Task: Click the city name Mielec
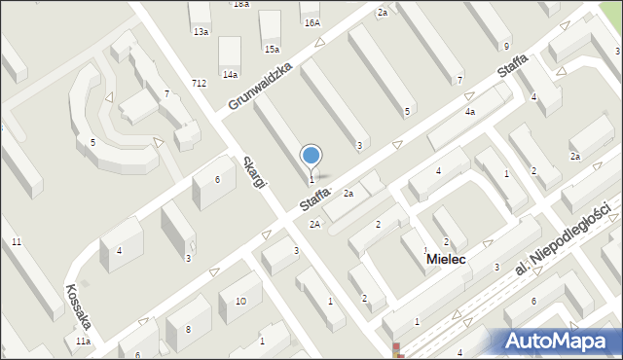pyautogui.click(x=445, y=260)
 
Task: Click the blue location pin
pyautogui.click(x=311, y=157)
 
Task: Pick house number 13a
pyautogui.click(x=201, y=32)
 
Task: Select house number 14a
pyautogui.click(x=230, y=74)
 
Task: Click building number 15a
pyautogui.click(x=272, y=49)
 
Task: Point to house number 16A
pyautogui.click(x=311, y=22)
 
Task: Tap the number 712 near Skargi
pyautogui.click(x=199, y=84)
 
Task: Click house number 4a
pyautogui.click(x=469, y=112)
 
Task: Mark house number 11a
pyautogui.click(x=84, y=342)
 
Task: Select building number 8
pyautogui.click(x=187, y=331)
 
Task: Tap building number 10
pyautogui.click(x=239, y=302)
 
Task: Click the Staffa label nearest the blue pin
pyautogui.click(x=315, y=199)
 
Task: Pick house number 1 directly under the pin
pyautogui.click(x=311, y=179)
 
